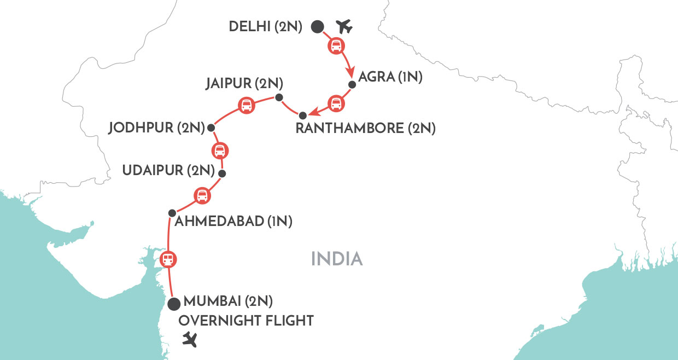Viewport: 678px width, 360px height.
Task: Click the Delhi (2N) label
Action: pos(265,26)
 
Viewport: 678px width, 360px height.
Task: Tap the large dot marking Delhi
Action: pos(317,26)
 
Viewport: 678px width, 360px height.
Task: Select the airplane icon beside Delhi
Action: pos(344,26)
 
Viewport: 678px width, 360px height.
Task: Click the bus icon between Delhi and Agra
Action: pos(335,46)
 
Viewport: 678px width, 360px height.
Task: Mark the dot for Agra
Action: pos(352,85)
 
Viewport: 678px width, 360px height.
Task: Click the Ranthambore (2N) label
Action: pos(365,129)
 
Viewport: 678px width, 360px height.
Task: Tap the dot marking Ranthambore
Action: pos(303,115)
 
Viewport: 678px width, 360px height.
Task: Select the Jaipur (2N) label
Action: pos(244,84)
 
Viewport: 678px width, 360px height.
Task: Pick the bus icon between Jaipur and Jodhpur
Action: pos(247,105)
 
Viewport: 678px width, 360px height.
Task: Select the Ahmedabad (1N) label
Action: pos(234,222)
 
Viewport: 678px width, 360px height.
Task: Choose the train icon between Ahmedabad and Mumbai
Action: pos(169,259)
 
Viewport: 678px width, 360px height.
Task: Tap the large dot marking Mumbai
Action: pos(174,304)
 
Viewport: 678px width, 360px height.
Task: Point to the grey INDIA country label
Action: pos(337,259)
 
